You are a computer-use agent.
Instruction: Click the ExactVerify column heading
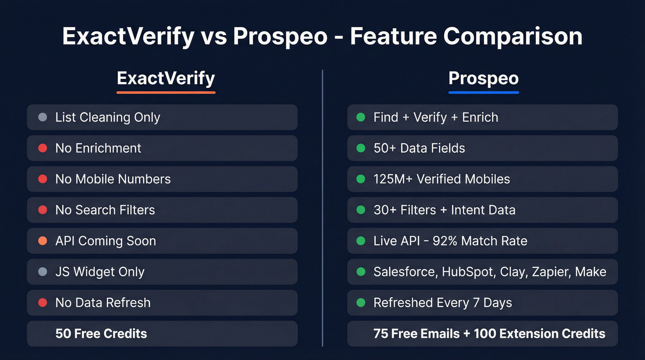[x=166, y=78]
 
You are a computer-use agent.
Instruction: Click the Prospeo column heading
[x=483, y=78]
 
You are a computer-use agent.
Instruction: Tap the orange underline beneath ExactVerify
[x=166, y=92]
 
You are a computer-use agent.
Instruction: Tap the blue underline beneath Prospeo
[x=483, y=92]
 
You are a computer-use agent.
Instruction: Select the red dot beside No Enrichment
[x=42, y=148]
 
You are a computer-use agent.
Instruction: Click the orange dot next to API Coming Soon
[x=42, y=241]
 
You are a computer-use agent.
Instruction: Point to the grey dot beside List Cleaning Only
[x=42, y=118]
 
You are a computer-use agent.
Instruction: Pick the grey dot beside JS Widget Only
[x=42, y=272]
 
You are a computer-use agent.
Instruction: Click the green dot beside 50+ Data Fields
[x=361, y=148]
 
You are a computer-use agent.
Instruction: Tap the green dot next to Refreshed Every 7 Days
[x=361, y=303]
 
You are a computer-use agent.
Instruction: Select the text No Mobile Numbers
[x=113, y=179]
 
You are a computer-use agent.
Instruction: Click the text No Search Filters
[x=105, y=210]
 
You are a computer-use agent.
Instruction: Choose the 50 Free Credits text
[x=101, y=334]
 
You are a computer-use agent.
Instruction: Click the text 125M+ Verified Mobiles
[x=441, y=179]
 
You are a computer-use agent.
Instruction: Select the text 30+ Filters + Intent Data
[x=444, y=210]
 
